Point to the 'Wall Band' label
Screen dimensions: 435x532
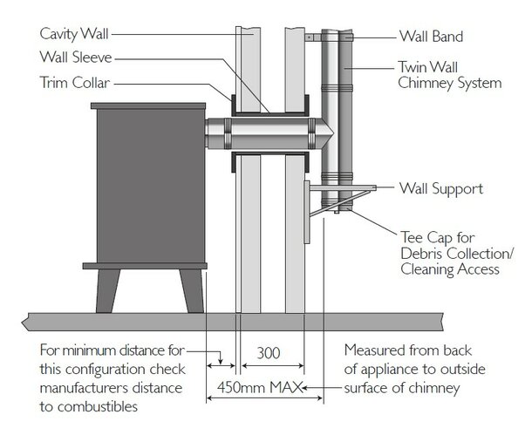(432, 37)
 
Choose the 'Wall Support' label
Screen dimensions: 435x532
(440, 187)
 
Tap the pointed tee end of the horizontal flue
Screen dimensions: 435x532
(325, 137)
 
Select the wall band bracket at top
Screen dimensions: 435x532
(313, 37)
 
